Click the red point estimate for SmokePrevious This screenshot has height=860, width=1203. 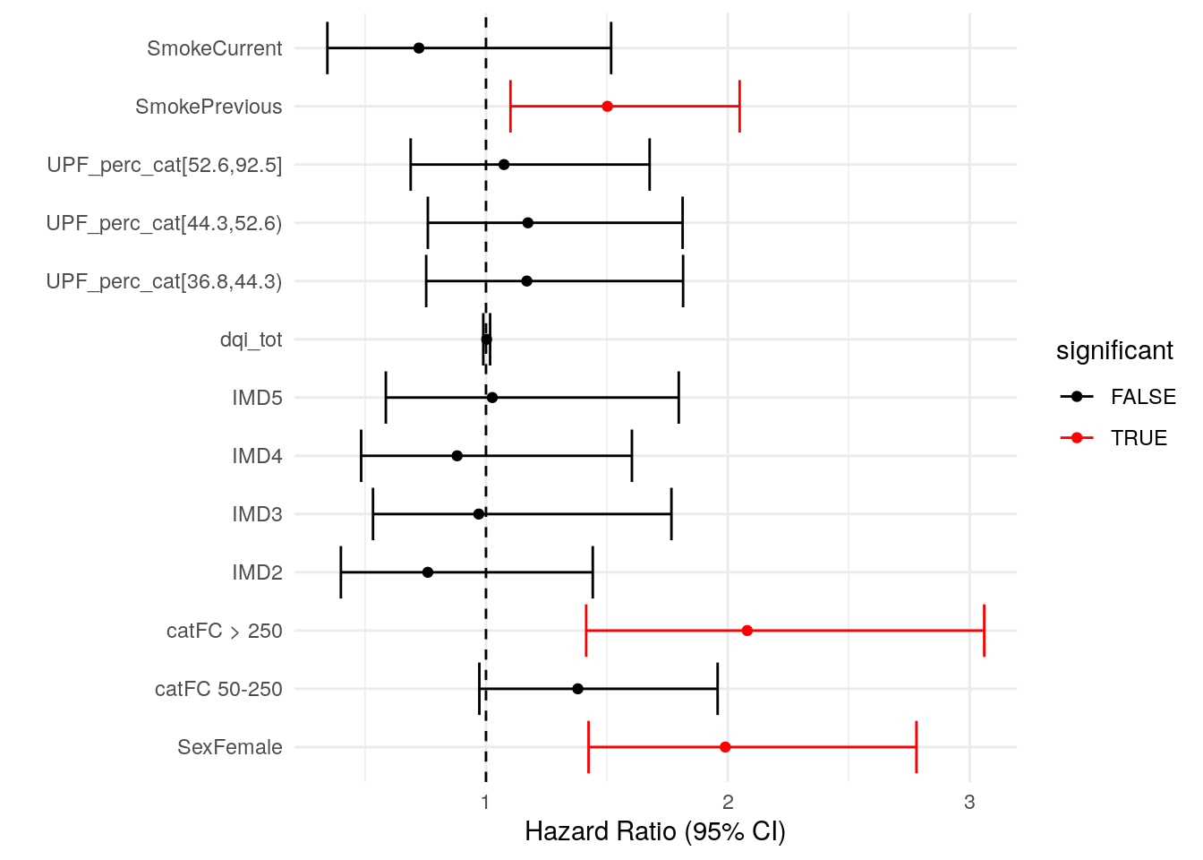tap(607, 107)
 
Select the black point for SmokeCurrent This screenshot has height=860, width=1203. tap(419, 48)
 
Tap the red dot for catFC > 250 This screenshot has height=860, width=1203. tap(747, 631)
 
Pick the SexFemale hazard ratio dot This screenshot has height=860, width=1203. tap(725, 747)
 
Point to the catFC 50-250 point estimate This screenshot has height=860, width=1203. tap(577, 689)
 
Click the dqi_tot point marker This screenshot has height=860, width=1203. tap(487, 340)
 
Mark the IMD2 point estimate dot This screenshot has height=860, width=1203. tap(428, 572)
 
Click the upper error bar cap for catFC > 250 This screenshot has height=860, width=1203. tap(984, 631)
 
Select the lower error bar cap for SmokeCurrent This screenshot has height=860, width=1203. tap(328, 48)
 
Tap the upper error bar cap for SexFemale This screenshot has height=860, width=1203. tap(917, 747)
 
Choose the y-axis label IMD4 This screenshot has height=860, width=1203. tap(257, 456)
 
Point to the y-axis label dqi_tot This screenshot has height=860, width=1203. tap(251, 340)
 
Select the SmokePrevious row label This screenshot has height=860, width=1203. tap(209, 107)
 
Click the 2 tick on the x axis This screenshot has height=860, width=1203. tap(728, 803)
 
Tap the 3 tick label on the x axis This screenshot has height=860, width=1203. tap(969, 803)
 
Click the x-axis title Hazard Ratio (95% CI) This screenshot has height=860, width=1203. tap(654, 832)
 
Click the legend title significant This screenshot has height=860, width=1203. tap(1114, 350)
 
